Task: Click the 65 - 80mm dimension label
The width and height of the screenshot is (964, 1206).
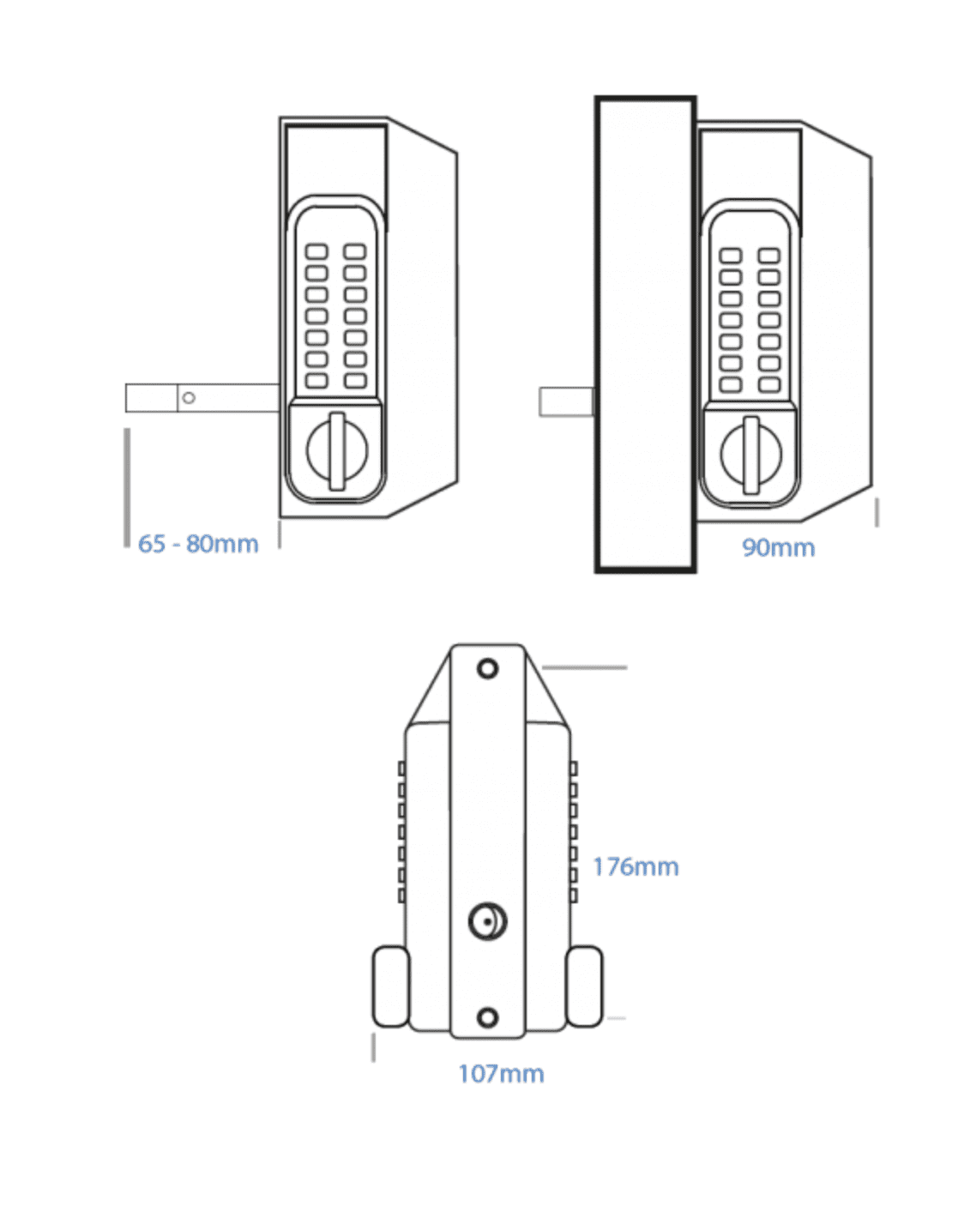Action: pos(198,544)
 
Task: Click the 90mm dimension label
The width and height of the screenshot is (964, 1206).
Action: pos(778,547)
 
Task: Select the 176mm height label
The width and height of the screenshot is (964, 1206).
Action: pos(636,867)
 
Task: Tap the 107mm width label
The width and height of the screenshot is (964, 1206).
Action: pos(501,1074)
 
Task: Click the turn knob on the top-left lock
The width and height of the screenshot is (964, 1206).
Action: pos(337,450)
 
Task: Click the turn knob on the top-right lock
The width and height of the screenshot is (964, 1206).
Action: pos(751,455)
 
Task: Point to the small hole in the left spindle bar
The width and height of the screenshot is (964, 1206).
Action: pos(189,398)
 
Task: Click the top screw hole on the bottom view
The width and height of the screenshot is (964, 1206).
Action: pos(487,668)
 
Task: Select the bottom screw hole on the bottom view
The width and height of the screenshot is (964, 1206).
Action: pos(487,1018)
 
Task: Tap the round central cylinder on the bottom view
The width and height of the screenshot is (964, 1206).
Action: pos(487,922)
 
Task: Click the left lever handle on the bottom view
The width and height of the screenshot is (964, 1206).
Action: pos(390,986)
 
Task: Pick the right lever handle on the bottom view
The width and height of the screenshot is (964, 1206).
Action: pos(584,986)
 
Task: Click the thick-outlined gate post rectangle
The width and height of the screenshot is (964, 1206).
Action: pos(645,335)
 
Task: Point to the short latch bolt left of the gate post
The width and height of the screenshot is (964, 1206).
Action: pos(566,402)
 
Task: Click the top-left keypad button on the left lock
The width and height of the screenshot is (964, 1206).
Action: pos(316,252)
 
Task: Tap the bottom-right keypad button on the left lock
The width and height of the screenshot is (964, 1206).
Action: pos(355,380)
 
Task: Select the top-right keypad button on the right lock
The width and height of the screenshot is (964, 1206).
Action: pos(769,256)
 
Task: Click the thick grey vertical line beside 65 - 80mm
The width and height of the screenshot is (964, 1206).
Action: pos(127,487)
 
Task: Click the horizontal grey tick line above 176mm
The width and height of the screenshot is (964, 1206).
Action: pos(585,667)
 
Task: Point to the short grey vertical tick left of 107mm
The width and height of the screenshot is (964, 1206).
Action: pos(373,1047)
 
